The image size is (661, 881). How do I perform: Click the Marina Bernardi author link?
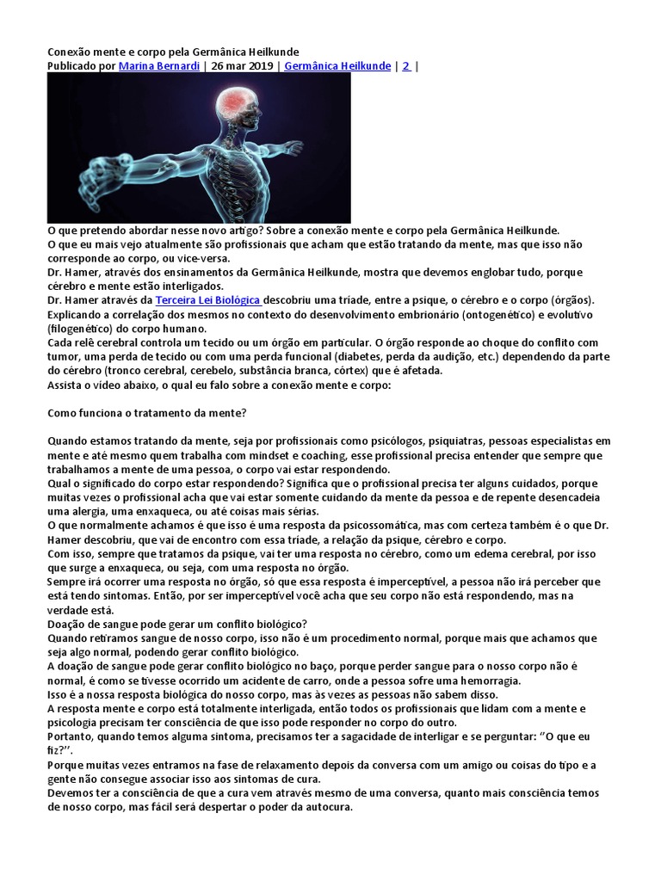click(159, 65)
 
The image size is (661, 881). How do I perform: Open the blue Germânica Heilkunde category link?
click(337, 65)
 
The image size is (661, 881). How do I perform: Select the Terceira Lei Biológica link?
click(207, 299)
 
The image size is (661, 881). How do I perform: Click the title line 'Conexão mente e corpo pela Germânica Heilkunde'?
click(173, 52)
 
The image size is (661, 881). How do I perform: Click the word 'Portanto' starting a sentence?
click(71, 736)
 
